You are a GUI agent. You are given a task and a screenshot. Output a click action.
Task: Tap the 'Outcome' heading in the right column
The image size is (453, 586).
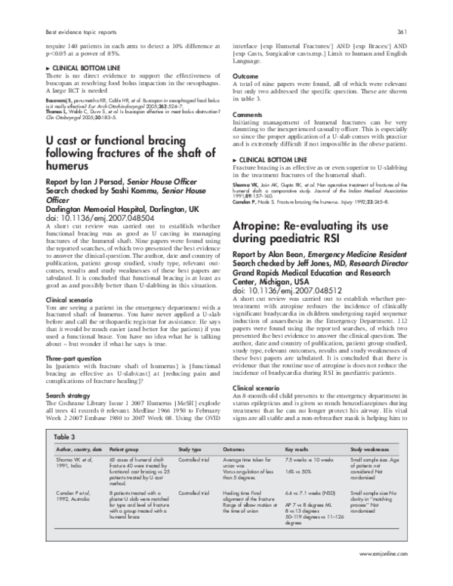coord(245,76)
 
